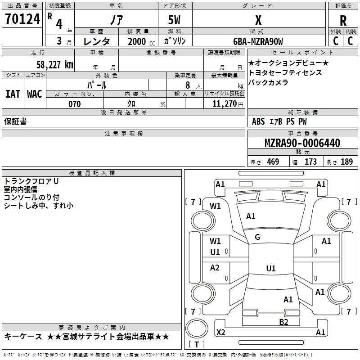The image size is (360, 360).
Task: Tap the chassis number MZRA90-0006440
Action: (x=302, y=143)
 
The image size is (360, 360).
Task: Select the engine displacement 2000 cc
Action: (x=137, y=41)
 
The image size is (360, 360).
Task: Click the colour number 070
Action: (x=75, y=104)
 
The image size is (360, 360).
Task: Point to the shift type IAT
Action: (x=13, y=94)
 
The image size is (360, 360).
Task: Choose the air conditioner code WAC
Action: (x=34, y=94)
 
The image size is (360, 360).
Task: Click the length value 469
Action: (x=273, y=162)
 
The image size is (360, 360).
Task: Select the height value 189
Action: (x=346, y=162)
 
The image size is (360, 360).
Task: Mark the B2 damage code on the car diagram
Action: (x=283, y=322)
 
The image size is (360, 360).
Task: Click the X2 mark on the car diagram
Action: (x=221, y=332)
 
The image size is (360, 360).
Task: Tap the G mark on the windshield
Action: (x=257, y=237)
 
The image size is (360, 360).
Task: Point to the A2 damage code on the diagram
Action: (x=215, y=268)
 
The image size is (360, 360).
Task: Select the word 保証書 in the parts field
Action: (x=15, y=121)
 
